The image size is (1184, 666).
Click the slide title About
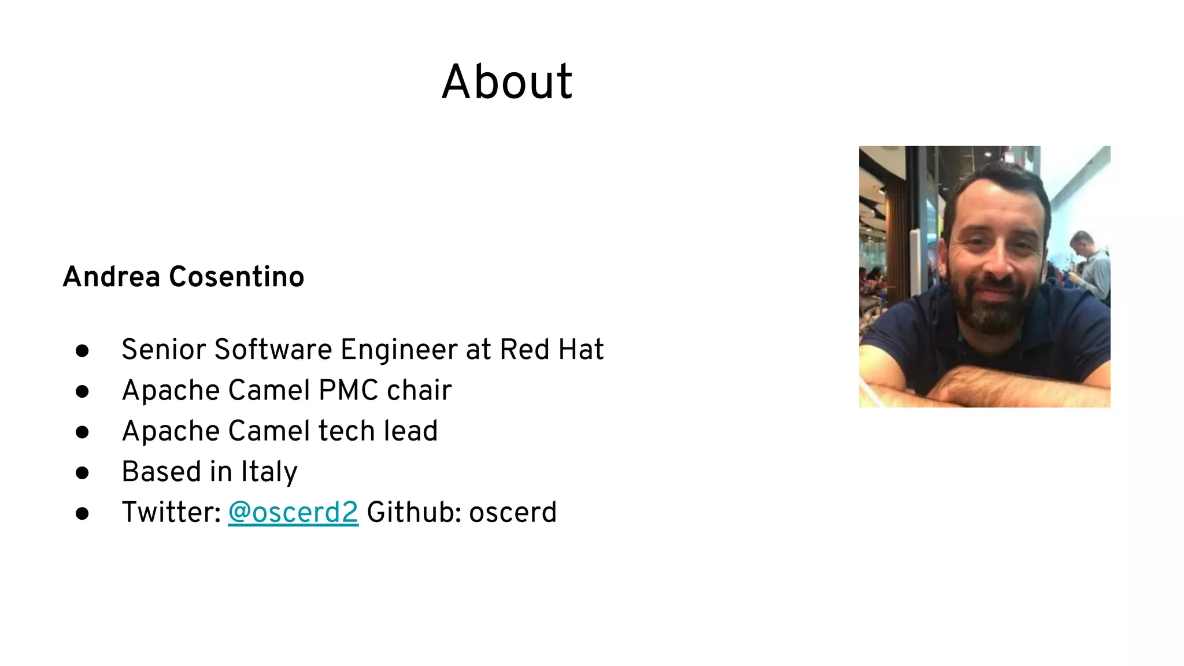(x=507, y=82)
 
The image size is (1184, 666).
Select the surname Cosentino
(x=236, y=276)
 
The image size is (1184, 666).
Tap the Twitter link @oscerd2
(x=293, y=512)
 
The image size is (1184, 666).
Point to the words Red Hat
(x=552, y=350)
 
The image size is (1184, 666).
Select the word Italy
(x=269, y=472)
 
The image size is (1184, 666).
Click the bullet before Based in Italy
(x=82, y=473)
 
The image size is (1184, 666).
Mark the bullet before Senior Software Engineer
(x=82, y=351)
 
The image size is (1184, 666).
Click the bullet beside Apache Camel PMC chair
(x=82, y=391)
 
